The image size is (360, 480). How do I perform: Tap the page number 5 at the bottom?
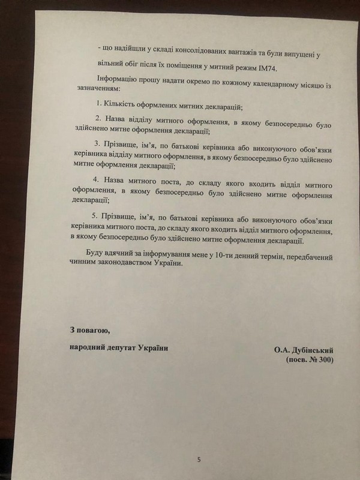[x=199, y=460]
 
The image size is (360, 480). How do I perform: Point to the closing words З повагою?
[x=89, y=330]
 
